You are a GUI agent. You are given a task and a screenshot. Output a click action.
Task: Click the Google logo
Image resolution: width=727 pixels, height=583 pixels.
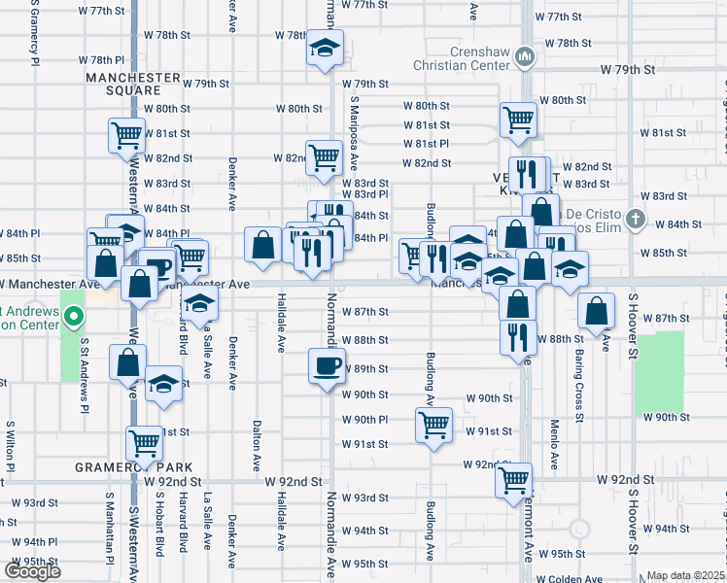pyautogui.click(x=32, y=571)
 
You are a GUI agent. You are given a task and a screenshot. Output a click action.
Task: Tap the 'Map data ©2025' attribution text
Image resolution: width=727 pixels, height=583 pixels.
pyautogui.click(x=685, y=575)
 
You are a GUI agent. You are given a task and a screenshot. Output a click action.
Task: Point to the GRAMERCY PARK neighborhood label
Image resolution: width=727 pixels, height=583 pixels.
pyautogui.click(x=132, y=466)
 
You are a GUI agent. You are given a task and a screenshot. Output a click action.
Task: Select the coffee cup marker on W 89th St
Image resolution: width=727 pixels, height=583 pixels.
pyautogui.click(x=327, y=365)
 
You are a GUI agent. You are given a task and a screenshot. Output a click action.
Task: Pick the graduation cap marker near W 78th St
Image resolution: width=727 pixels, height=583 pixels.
pyautogui.click(x=325, y=48)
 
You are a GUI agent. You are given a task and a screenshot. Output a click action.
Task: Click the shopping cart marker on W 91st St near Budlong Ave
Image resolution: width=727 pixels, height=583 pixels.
pyautogui.click(x=433, y=424)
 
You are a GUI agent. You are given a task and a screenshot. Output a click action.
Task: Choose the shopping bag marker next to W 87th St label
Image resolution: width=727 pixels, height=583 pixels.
pyautogui.click(x=596, y=312)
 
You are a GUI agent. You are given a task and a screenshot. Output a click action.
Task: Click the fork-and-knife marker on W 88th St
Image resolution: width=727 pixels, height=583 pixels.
pyautogui.click(x=518, y=335)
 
